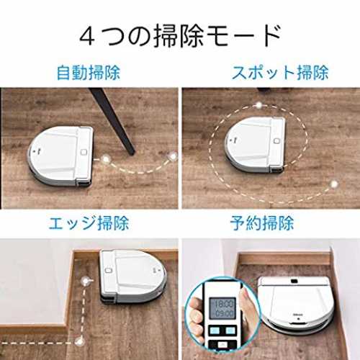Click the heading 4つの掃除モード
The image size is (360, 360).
click(180, 36)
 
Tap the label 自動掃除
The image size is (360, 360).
click(89, 73)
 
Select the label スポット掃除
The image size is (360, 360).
click(280, 72)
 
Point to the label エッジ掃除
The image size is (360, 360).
click(89, 223)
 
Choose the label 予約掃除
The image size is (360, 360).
click(262, 223)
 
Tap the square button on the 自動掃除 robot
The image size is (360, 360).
click(84, 152)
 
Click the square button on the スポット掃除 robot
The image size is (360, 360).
click(276, 140)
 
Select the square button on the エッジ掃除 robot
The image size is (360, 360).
click(108, 270)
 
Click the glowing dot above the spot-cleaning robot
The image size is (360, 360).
click(258, 104)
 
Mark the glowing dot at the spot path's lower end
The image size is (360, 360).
click(333, 184)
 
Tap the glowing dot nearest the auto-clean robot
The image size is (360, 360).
click(105, 158)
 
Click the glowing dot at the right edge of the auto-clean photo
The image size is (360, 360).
click(173, 156)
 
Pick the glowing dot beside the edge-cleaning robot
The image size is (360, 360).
click(85, 281)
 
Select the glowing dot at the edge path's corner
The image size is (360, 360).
click(78, 341)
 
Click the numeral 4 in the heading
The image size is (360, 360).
click(88, 37)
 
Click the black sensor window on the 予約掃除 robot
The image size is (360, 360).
click(294, 281)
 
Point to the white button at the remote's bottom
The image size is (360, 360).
click(222, 345)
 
